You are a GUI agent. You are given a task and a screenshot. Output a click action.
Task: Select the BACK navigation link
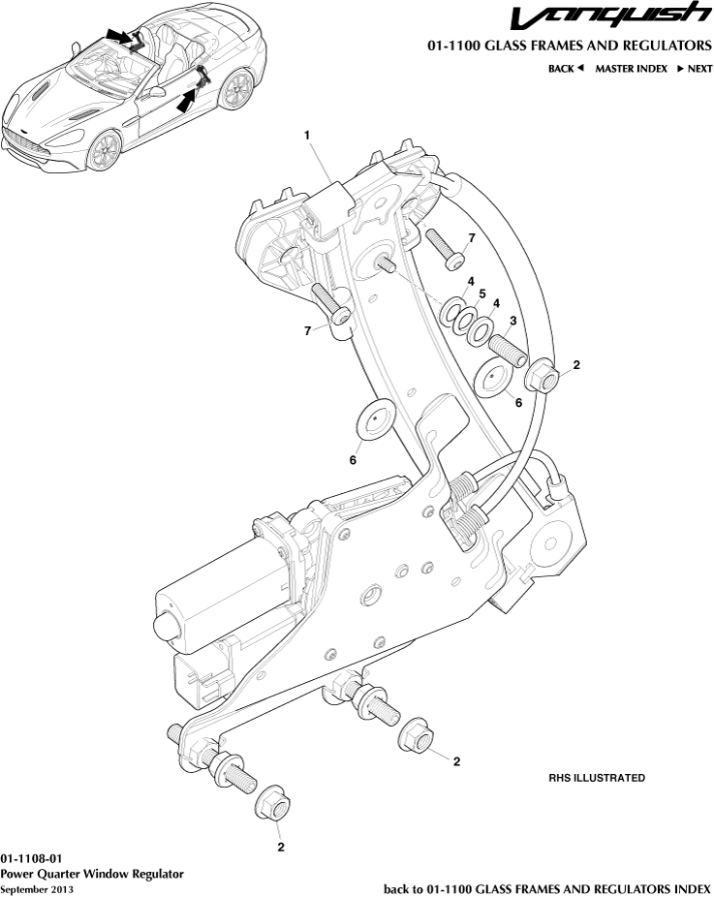coord(566,69)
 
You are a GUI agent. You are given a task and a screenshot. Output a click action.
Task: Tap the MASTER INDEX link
coord(631,69)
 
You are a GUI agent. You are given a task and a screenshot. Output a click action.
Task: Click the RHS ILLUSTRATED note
coord(597,778)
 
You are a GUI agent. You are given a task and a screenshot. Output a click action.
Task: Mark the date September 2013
coord(37,888)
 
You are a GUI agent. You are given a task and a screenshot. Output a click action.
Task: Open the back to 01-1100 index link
coord(547,888)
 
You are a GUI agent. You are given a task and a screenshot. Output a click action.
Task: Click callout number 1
coord(307,137)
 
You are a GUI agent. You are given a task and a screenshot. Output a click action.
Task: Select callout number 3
coord(512,321)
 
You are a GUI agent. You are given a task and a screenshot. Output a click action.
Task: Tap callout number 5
coord(481,293)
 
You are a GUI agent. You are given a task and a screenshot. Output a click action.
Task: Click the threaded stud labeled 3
coord(506,346)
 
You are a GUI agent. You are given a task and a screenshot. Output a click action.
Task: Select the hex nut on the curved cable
coord(543,376)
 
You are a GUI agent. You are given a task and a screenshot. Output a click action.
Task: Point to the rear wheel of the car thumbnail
coord(233,93)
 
